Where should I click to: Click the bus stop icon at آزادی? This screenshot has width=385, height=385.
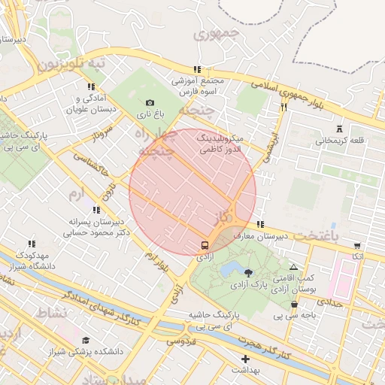[204, 245]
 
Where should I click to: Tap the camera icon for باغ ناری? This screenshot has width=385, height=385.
[150, 103]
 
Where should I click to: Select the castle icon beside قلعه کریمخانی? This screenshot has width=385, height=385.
[340, 128]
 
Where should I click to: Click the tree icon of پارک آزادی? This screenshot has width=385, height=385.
[249, 271]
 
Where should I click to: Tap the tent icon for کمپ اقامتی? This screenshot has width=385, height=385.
[293, 267]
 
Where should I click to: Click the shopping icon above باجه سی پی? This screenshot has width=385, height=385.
[294, 304]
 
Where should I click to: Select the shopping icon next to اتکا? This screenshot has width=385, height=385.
[356, 245]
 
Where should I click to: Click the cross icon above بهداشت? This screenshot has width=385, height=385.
[245, 359]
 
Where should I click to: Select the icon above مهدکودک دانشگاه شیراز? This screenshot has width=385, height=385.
[31, 244]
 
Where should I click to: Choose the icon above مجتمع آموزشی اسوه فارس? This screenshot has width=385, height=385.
[197, 69]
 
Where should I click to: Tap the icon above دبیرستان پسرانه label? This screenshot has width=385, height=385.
[96, 210]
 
